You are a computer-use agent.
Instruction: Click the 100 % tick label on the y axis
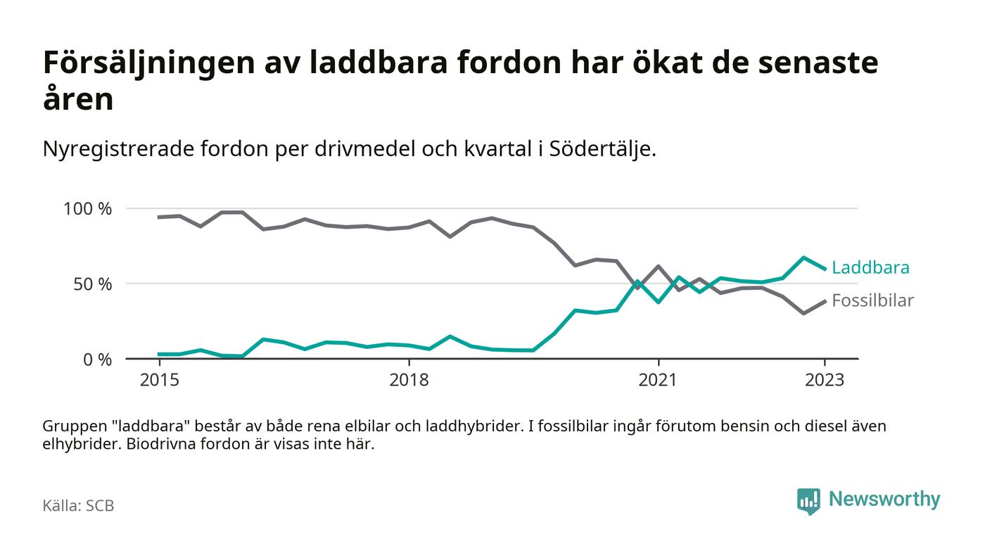click(87, 209)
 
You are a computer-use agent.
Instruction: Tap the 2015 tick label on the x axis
click(160, 381)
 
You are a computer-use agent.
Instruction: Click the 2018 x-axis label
click(409, 381)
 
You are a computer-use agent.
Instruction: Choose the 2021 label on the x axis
click(658, 381)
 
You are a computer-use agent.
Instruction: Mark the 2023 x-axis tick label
click(825, 381)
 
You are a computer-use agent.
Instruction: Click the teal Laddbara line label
click(870, 267)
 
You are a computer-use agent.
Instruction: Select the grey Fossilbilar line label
click(872, 300)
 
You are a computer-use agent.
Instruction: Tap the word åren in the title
click(77, 99)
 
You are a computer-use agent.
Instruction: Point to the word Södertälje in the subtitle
click(598, 149)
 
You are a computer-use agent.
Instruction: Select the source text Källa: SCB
click(78, 505)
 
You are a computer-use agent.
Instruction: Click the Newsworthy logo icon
click(808, 500)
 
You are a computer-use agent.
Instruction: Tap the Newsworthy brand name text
click(884, 500)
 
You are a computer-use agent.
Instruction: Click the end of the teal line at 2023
click(825, 269)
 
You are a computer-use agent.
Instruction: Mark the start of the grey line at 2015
click(160, 217)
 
